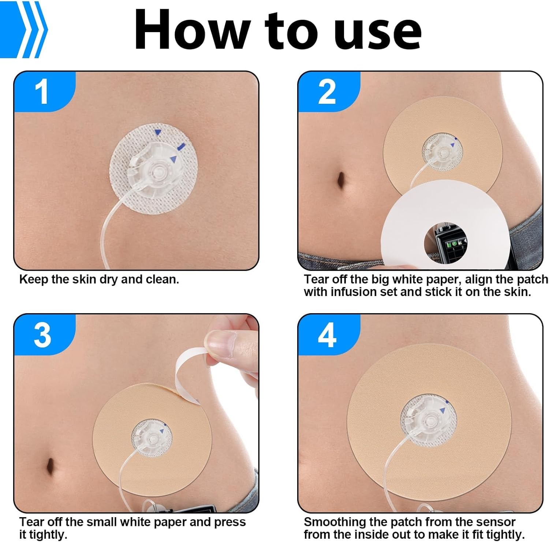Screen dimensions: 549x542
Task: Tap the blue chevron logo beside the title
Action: pos(24,29)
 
